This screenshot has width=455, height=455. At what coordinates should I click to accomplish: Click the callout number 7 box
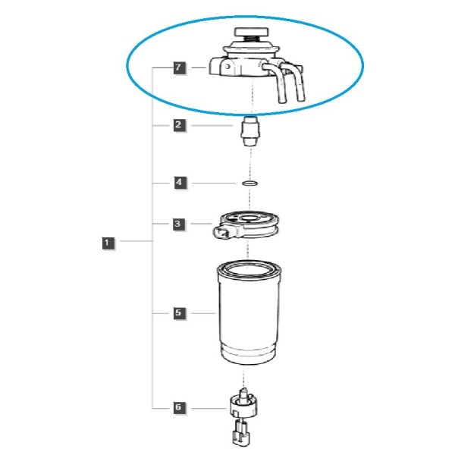click(x=179, y=67)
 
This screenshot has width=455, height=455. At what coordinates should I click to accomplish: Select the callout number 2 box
click(x=179, y=125)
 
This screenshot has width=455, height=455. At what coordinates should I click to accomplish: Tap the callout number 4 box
click(x=180, y=183)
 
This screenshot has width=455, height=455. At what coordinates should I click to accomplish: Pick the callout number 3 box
click(x=178, y=224)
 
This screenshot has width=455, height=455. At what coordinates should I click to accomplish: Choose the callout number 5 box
click(x=179, y=312)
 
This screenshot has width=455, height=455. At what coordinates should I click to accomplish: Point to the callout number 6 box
click(x=179, y=407)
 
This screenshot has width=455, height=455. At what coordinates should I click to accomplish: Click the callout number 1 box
click(x=108, y=243)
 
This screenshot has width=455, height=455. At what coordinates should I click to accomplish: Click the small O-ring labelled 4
click(x=249, y=183)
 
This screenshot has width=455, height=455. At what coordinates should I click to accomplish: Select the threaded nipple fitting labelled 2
click(x=250, y=131)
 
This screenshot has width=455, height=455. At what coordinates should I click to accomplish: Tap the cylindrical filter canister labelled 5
click(x=249, y=312)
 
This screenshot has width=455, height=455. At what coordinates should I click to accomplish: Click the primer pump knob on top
click(x=252, y=32)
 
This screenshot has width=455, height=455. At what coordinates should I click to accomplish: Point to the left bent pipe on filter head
click(x=277, y=83)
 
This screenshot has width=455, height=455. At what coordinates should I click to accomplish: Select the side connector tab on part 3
click(x=223, y=233)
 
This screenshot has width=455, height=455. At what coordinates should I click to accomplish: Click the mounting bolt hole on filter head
click(x=227, y=67)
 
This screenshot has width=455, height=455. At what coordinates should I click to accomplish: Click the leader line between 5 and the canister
click(x=204, y=313)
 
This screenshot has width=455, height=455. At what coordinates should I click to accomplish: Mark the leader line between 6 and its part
click(x=209, y=408)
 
